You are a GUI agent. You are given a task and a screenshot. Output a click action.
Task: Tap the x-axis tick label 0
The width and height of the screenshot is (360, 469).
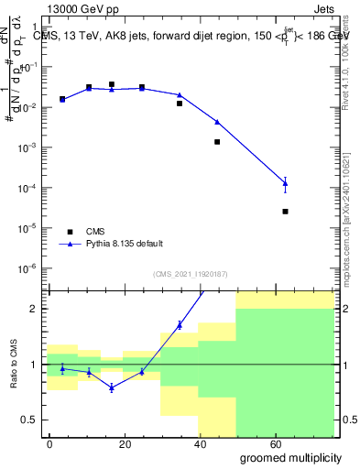tap(49, 443)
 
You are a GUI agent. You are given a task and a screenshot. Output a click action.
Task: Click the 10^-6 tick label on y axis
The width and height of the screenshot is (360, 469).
tap(28, 267)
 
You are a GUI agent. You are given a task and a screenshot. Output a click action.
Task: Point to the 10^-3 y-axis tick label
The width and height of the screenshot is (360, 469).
tap(28, 147)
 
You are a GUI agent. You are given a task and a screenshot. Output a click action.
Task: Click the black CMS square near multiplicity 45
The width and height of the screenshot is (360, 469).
tap(217, 142)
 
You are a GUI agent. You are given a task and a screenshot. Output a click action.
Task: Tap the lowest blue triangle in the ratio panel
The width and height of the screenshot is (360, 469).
tap(112, 387)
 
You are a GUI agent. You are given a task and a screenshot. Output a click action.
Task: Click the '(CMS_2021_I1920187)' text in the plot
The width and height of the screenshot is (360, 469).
tap(190, 274)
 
